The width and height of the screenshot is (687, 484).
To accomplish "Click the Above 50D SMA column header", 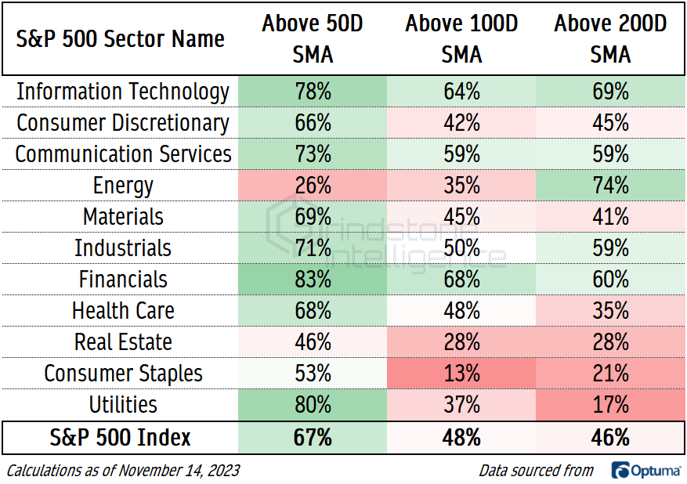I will (x=313, y=38).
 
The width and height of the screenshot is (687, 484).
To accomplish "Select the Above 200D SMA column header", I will (x=610, y=38).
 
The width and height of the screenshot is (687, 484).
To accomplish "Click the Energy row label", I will (x=123, y=186).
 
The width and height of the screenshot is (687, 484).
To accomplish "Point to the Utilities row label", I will (x=123, y=405).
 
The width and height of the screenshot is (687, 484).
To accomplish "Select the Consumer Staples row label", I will (x=123, y=374).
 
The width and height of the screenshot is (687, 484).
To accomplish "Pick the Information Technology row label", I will (x=123, y=92).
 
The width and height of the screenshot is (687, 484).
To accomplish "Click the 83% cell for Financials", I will (x=313, y=280).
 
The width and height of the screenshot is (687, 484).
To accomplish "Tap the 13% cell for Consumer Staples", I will (x=461, y=374).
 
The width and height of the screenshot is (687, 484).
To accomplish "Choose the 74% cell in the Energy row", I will (x=610, y=186).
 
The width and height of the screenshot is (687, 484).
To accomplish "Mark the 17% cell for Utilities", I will (x=610, y=405).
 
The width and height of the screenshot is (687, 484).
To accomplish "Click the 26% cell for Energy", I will (x=313, y=186).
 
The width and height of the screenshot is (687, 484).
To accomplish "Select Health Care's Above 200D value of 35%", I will (x=610, y=311).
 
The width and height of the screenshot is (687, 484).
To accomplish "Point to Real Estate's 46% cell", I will (x=313, y=342).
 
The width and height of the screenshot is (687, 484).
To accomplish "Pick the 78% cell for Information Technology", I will (x=313, y=92).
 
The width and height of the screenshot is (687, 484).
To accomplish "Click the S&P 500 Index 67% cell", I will (x=313, y=437).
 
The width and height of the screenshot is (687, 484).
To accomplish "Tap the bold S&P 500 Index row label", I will (x=121, y=437).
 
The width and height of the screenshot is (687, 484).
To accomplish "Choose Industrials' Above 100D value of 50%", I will (x=461, y=248).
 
